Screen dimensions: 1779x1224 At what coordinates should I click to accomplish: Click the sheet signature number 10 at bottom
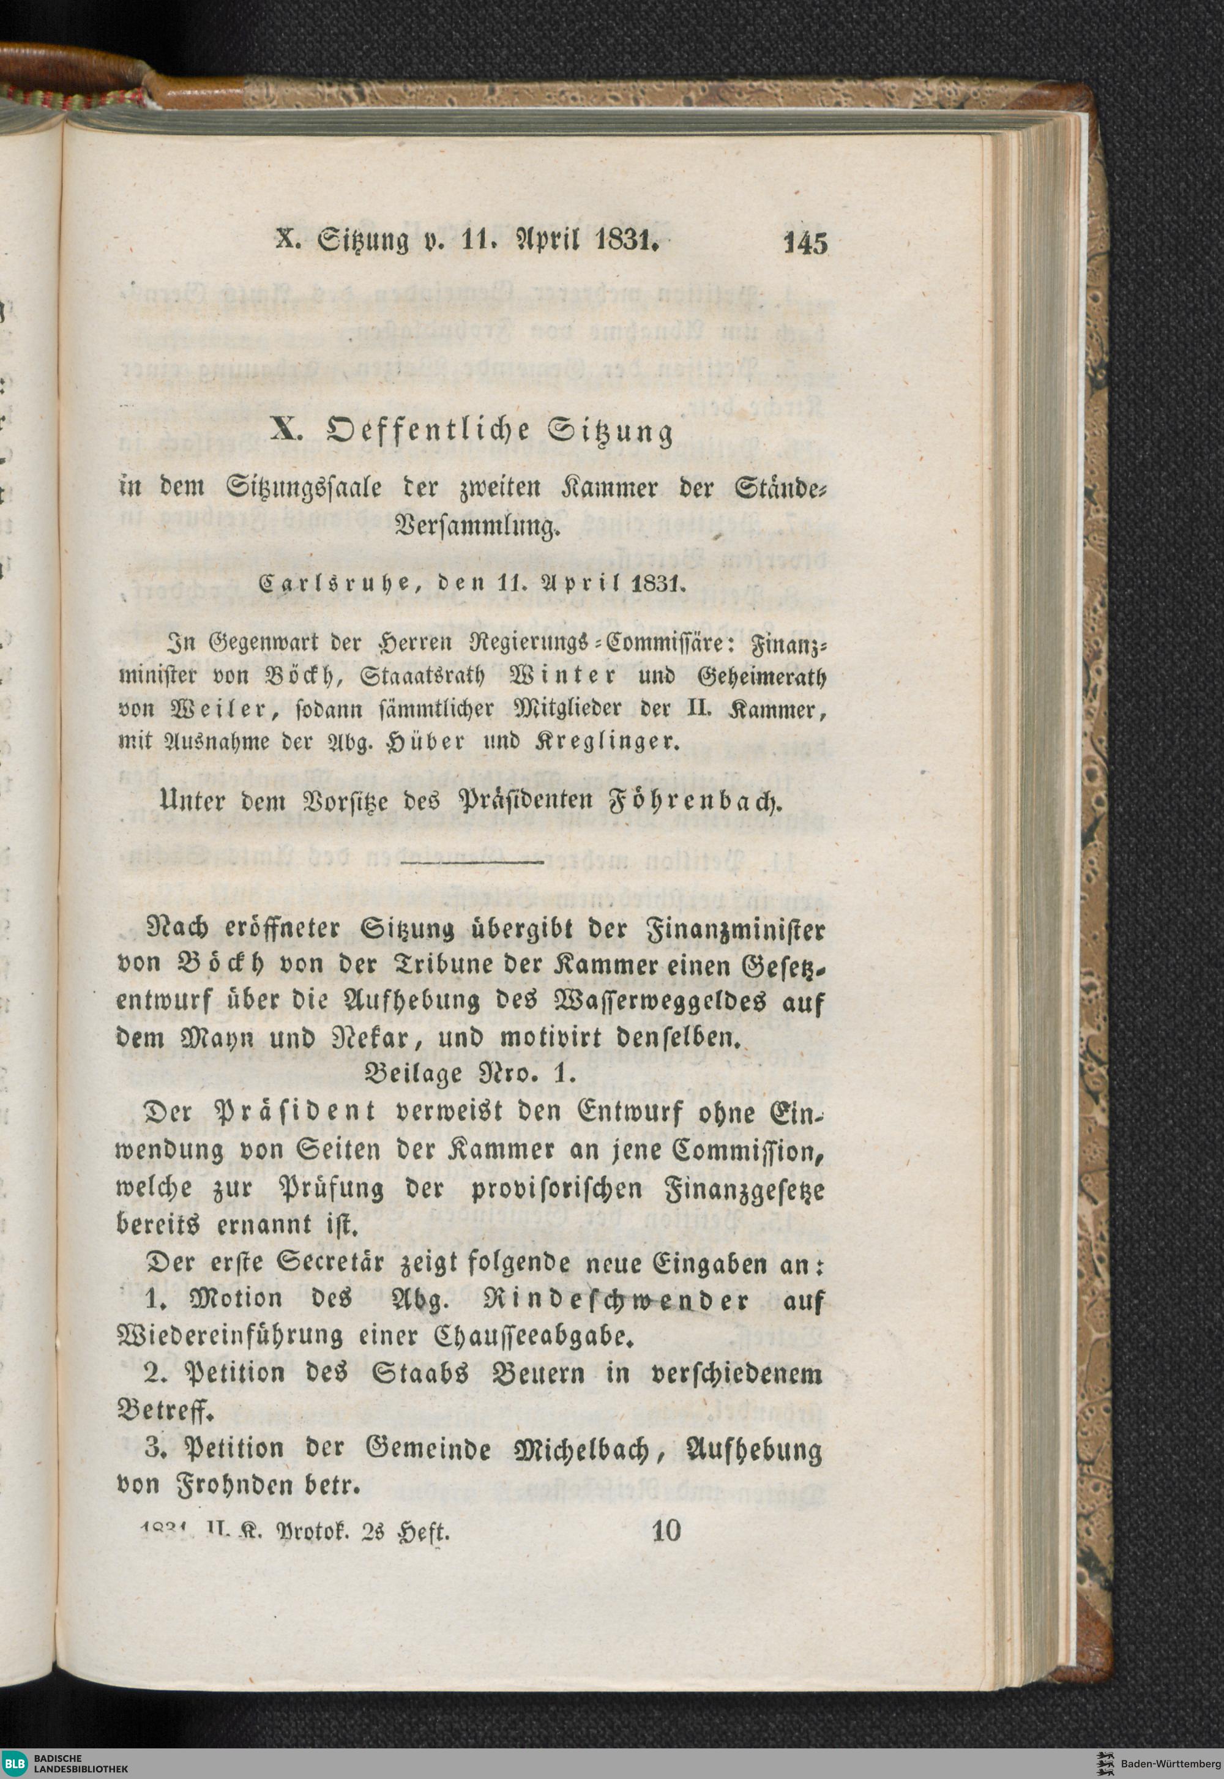(665, 1531)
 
